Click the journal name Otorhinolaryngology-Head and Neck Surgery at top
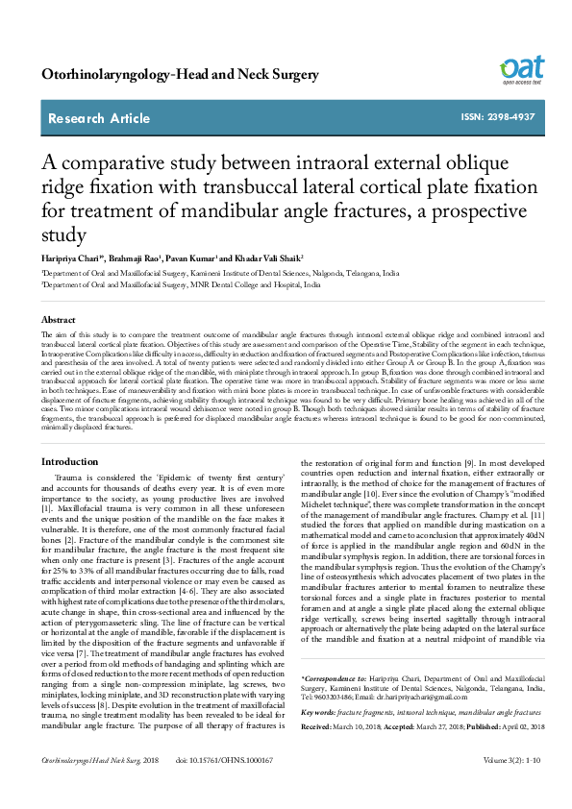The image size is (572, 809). [181, 74]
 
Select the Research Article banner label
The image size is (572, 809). [99, 118]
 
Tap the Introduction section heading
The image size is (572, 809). [69, 463]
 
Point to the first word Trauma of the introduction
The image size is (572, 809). [68, 477]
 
